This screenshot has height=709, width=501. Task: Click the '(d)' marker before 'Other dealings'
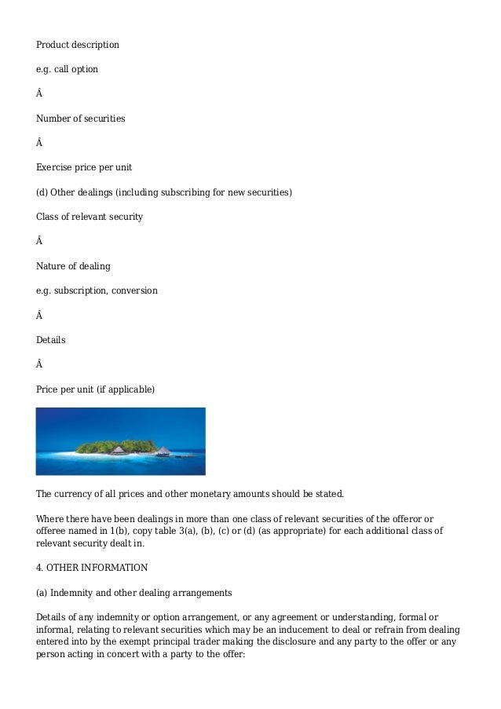(42, 192)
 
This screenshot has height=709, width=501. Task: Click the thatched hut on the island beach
(118, 450)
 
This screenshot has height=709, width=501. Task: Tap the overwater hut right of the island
(162, 451)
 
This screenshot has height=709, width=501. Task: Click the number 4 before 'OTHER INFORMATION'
(39, 567)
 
